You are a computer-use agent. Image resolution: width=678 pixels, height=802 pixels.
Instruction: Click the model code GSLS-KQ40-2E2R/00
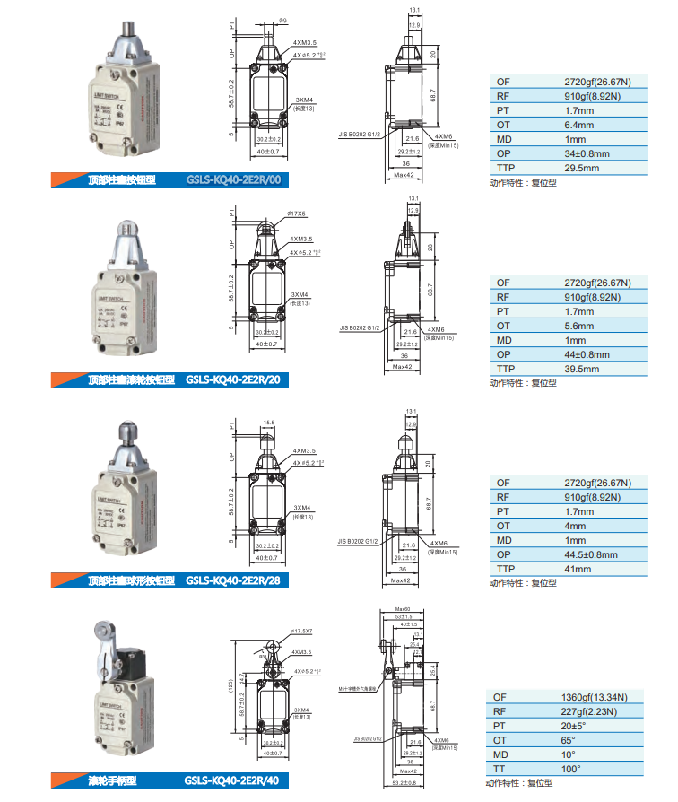pyautogui.click(x=235, y=179)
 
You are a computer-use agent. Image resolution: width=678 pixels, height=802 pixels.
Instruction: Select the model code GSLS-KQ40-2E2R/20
pyautogui.click(x=235, y=380)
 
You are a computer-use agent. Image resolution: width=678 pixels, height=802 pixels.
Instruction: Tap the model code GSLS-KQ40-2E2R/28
pyautogui.click(x=235, y=580)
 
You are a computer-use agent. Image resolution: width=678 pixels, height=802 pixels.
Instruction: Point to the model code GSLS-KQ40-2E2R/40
pyautogui.click(x=235, y=780)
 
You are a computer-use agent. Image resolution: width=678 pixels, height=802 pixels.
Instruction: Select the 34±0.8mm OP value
pyautogui.click(x=587, y=153)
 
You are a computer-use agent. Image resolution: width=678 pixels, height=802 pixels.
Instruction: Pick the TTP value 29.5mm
pyautogui.click(x=582, y=168)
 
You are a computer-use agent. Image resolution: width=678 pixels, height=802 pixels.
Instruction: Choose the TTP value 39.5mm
pyautogui.click(x=582, y=369)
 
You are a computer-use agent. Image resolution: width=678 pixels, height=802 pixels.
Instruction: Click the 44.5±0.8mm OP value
pyautogui.click(x=591, y=554)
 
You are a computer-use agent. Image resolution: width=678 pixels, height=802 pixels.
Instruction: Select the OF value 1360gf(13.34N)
pyautogui.click(x=594, y=697)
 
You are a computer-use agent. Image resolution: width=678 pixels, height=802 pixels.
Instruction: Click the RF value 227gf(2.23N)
pyautogui.click(x=592, y=711)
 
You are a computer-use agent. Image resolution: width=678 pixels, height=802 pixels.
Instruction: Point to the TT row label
pyautogui.click(x=500, y=768)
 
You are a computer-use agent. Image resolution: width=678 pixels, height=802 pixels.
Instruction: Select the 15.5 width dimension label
pyautogui.click(x=268, y=422)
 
